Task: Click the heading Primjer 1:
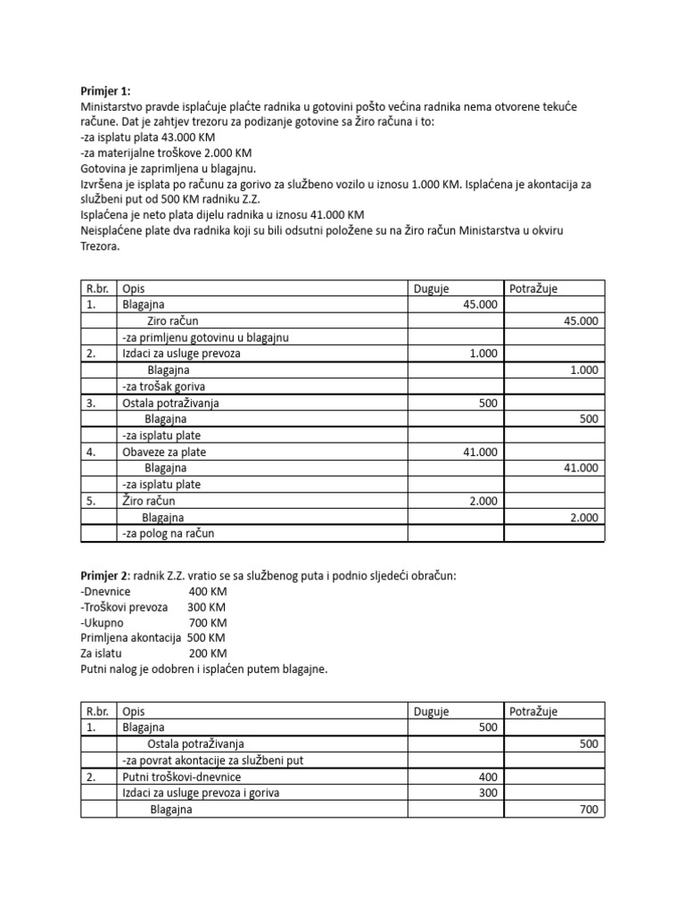click(105, 91)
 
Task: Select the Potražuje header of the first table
click(533, 288)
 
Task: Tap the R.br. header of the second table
click(97, 711)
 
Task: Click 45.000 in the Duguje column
click(480, 304)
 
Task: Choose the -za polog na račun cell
click(169, 534)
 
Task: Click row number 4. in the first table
click(91, 452)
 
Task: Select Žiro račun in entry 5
click(149, 501)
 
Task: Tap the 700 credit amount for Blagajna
click(589, 810)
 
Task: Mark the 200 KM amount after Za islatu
click(208, 653)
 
